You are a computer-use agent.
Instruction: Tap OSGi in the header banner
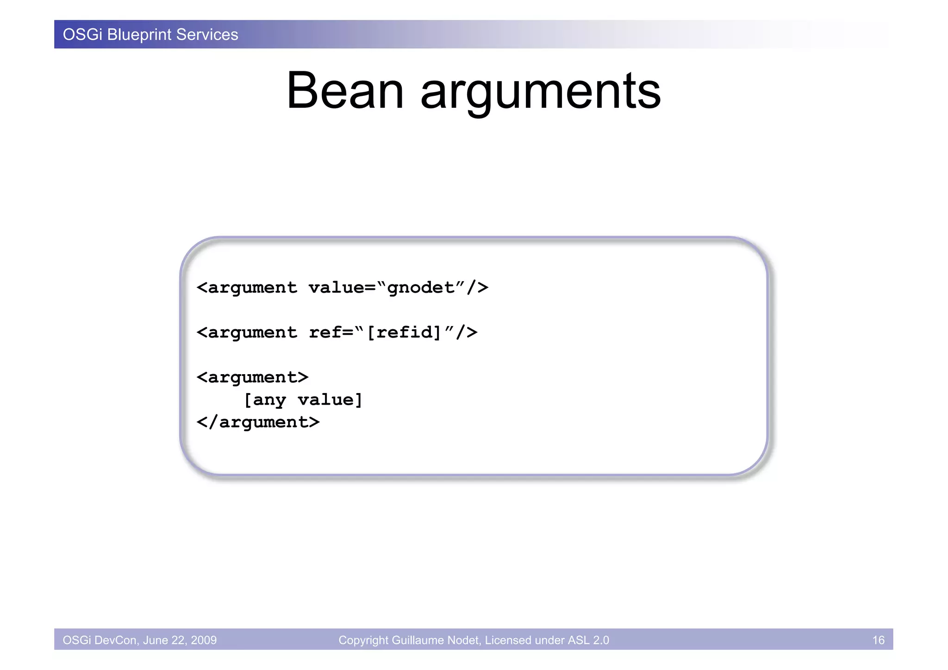point(82,35)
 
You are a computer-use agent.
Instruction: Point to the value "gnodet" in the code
point(421,288)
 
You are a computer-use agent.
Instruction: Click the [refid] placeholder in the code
point(404,332)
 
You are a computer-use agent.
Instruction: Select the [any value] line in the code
point(303,400)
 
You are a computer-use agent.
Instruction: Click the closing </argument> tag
point(258,422)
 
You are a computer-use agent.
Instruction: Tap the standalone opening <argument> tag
point(252,377)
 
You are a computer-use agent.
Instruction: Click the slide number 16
point(878,640)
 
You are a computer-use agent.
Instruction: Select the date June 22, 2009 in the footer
point(180,640)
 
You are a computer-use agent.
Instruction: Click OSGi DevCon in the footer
point(100,640)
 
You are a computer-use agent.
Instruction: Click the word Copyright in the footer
point(363,640)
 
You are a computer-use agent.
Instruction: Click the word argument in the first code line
point(252,288)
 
